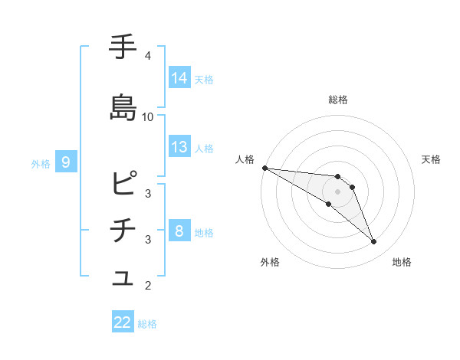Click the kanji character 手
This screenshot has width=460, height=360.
click(x=123, y=47)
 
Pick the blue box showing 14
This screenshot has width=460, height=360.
click(x=179, y=77)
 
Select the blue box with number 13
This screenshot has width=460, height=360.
click(x=179, y=147)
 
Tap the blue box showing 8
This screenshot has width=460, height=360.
click(x=179, y=231)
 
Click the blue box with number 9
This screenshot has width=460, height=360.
click(x=67, y=162)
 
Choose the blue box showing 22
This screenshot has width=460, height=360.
click(x=123, y=322)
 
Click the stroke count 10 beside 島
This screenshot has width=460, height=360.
click(x=148, y=117)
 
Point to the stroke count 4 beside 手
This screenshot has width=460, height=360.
click(x=148, y=56)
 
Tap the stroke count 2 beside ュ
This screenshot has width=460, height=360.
click(x=148, y=286)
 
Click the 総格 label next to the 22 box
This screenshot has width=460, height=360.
click(x=147, y=324)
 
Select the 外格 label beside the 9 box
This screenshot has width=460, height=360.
click(x=40, y=163)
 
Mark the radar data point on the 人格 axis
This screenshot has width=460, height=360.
click(x=264, y=168)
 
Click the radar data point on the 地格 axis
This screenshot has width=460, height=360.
click(x=374, y=242)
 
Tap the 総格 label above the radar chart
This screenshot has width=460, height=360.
click(x=338, y=100)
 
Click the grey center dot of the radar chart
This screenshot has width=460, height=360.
click(x=338, y=191)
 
